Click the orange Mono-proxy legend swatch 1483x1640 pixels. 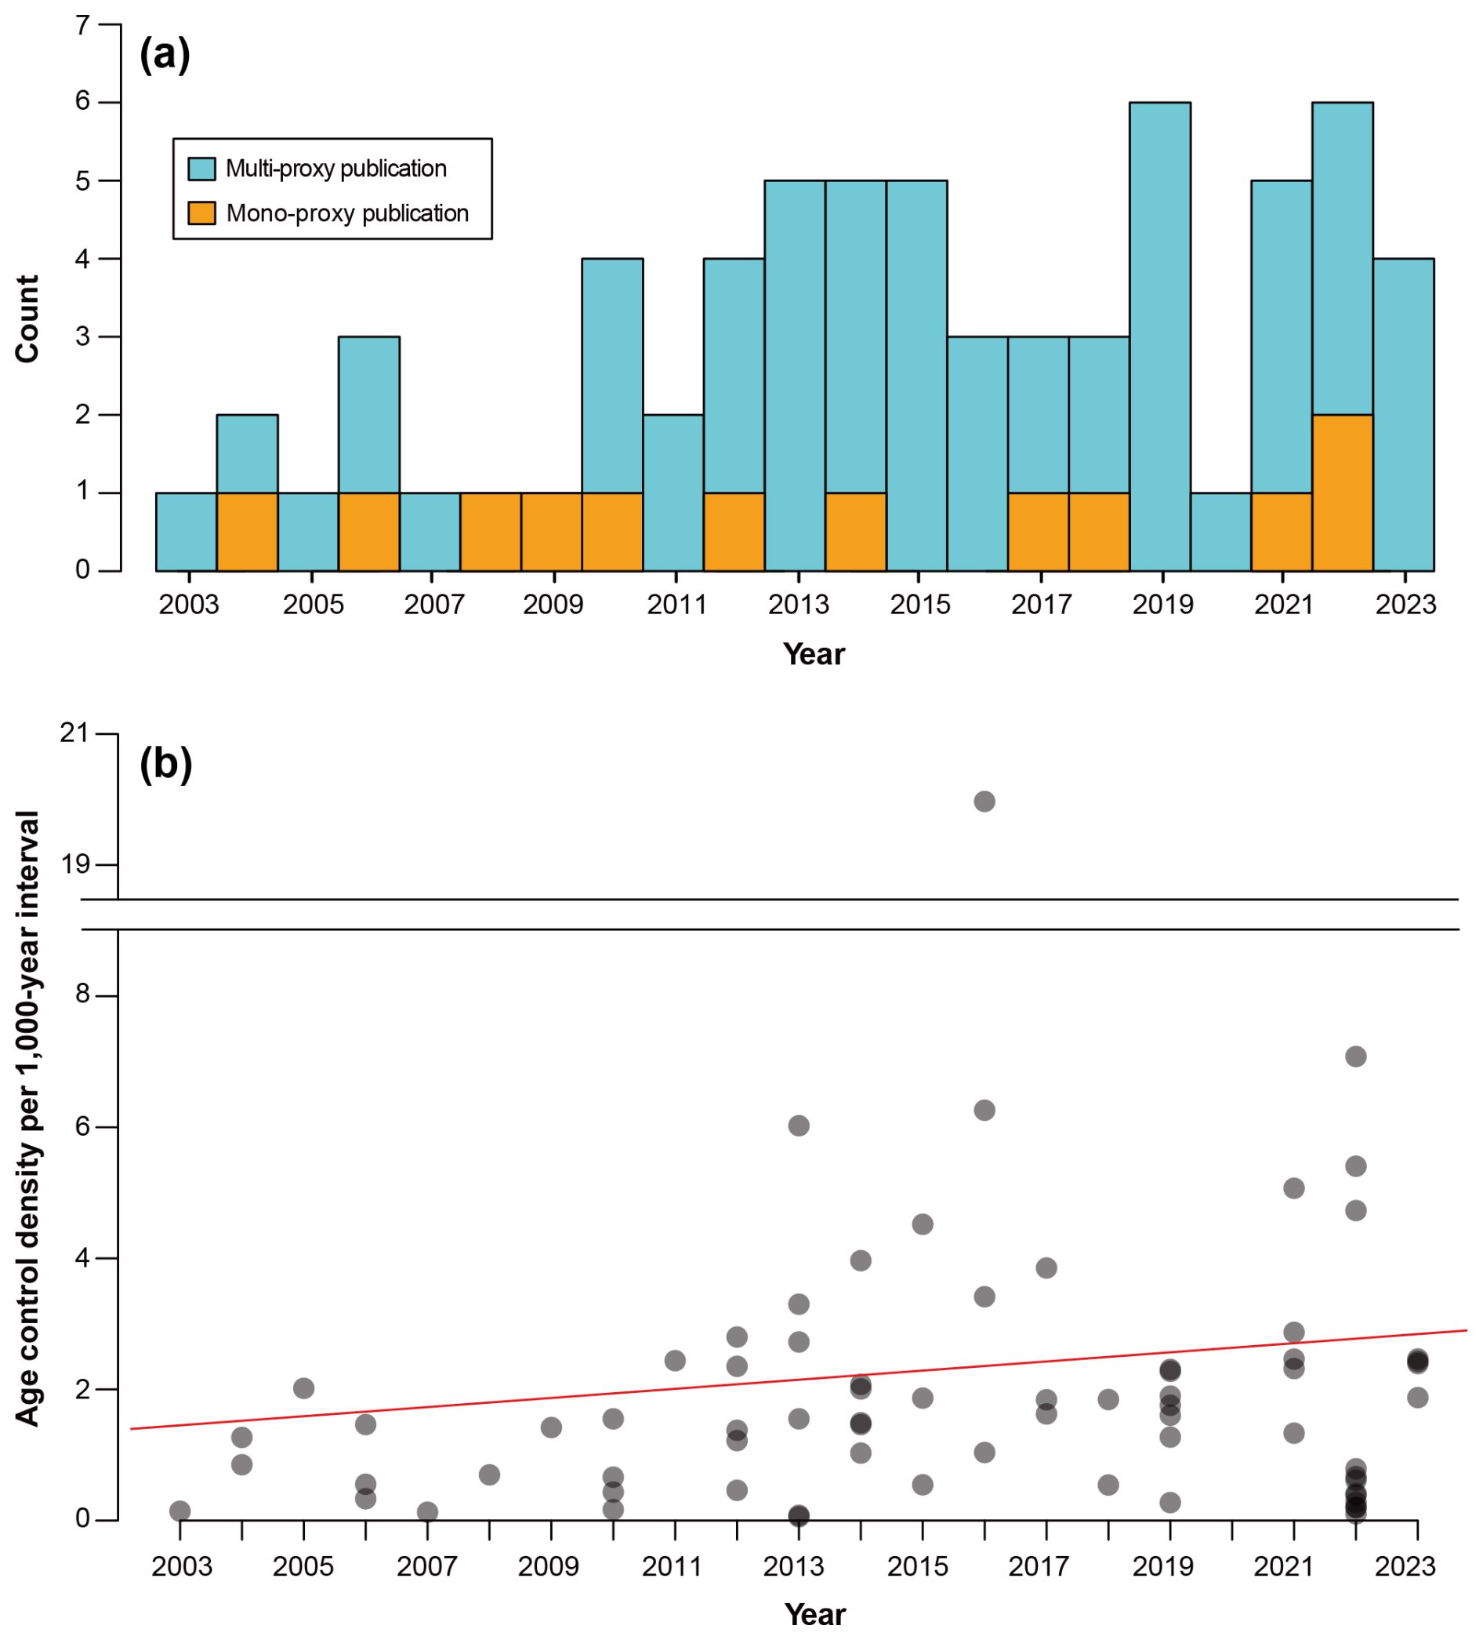(201, 213)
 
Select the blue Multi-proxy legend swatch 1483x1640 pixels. (201, 169)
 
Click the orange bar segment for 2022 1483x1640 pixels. (1342, 493)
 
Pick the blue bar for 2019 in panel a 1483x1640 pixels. (1160, 336)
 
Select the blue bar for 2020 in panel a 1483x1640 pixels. (1220, 532)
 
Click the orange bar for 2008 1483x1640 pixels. (490, 532)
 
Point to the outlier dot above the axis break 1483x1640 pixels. (984, 802)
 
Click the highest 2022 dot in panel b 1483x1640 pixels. (1355, 1056)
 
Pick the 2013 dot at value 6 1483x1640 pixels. (799, 1125)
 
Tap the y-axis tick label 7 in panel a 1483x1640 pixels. (82, 25)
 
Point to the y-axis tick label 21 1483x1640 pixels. (74, 733)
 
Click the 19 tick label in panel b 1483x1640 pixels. (75, 864)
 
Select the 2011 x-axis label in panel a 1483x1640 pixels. (676, 605)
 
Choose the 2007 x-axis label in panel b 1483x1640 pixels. (427, 1566)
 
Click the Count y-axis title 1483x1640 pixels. (27, 319)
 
